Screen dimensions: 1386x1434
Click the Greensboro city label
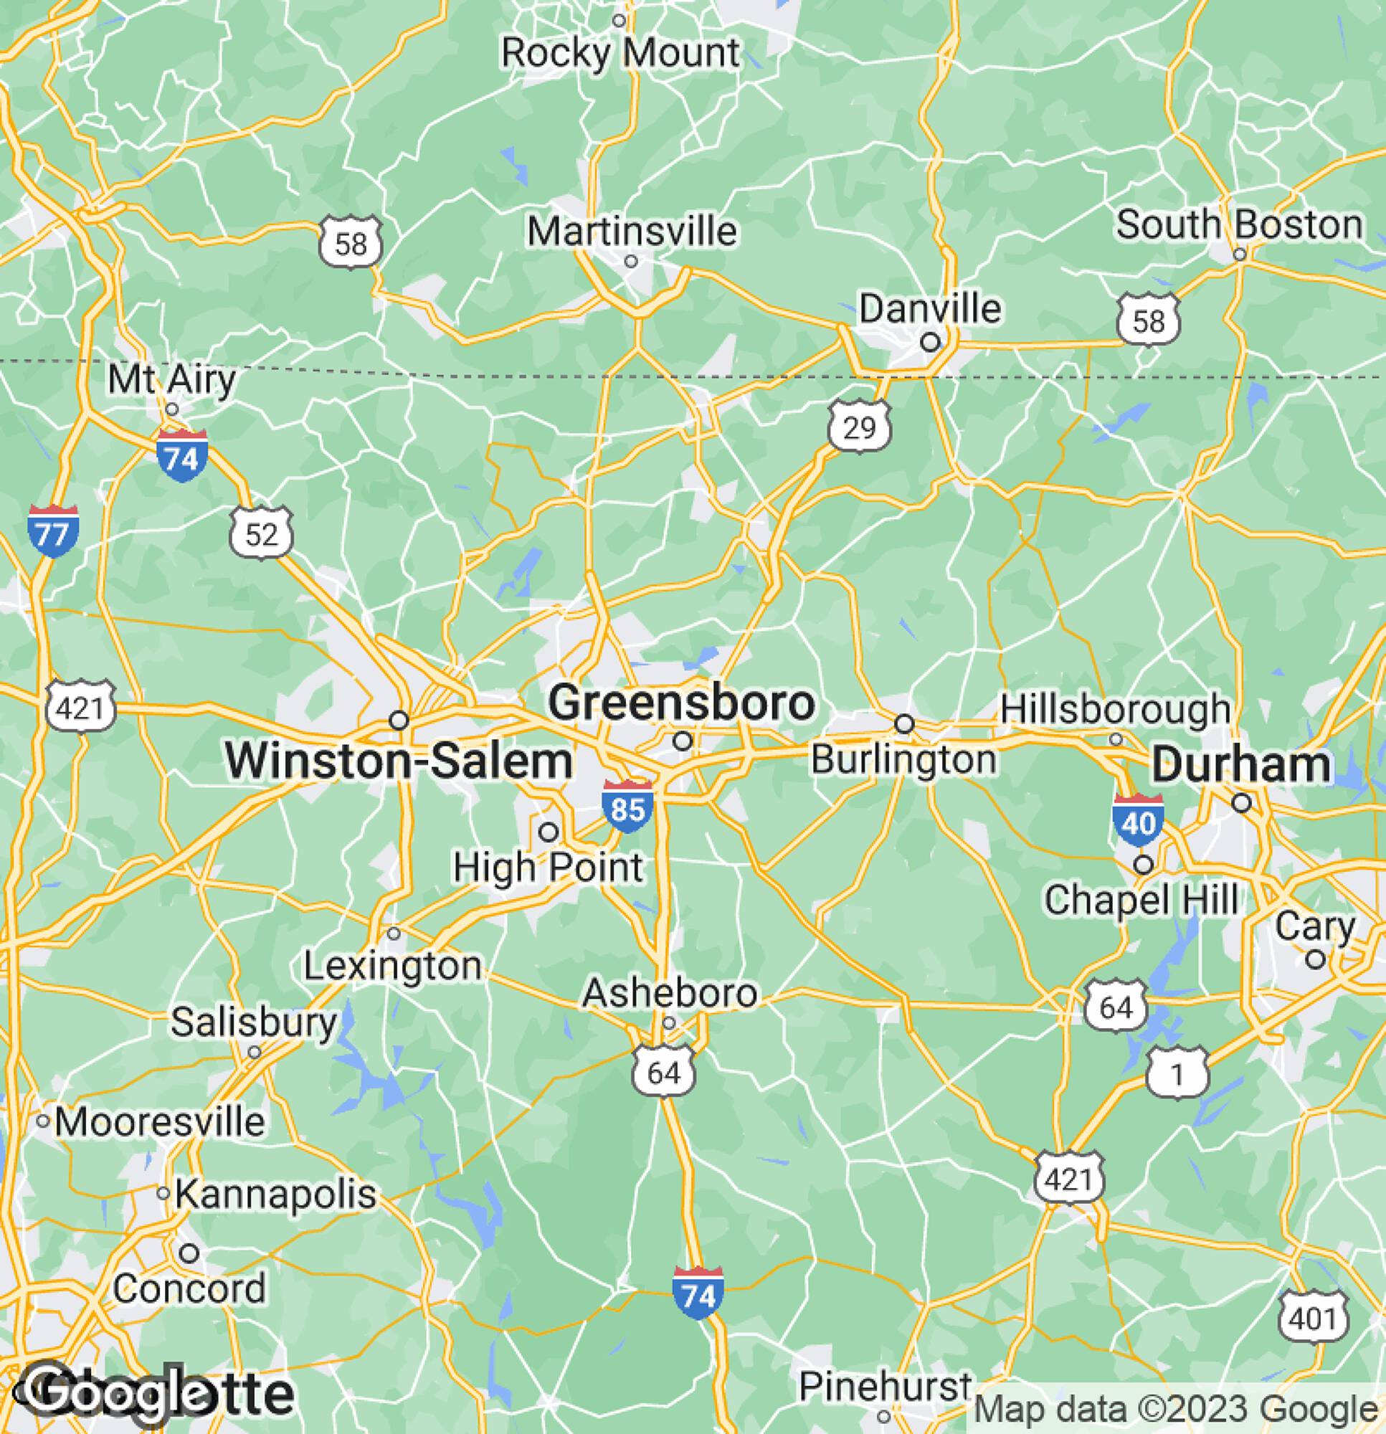pyautogui.click(x=681, y=704)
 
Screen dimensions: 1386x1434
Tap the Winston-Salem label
pyautogui.click(x=399, y=761)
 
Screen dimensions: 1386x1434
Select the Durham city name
pyautogui.click(x=1241, y=766)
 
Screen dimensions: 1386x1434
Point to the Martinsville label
pyautogui.click(x=632, y=232)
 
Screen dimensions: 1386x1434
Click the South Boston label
pyautogui.click(x=1239, y=225)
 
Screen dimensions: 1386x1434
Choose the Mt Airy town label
pyautogui.click(x=172, y=380)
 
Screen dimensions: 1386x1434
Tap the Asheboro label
pyautogui.click(x=670, y=993)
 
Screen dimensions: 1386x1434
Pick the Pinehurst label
pyautogui.click(x=885, y=1387)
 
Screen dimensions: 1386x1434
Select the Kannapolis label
pyautogui.click(x=276, y=1194)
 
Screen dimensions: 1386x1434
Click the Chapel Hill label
pyautogui.click(x=1141, y=900)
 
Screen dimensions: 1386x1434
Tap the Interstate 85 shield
pyautogui.click(x=627, y=807)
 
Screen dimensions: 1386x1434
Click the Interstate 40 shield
pyautogui.click(x=1138, y=822)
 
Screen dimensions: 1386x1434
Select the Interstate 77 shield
pyautogui.click(x=52, y=532)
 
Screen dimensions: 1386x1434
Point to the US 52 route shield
pyautogui.click(x=262, y=535)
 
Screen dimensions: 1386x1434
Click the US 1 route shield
pyautogui.click(x=1177, y=1074)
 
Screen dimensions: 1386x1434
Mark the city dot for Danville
pyautogui.click(x=930, y=343)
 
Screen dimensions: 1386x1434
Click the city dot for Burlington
pyautogui.click(x=905, y=723)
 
